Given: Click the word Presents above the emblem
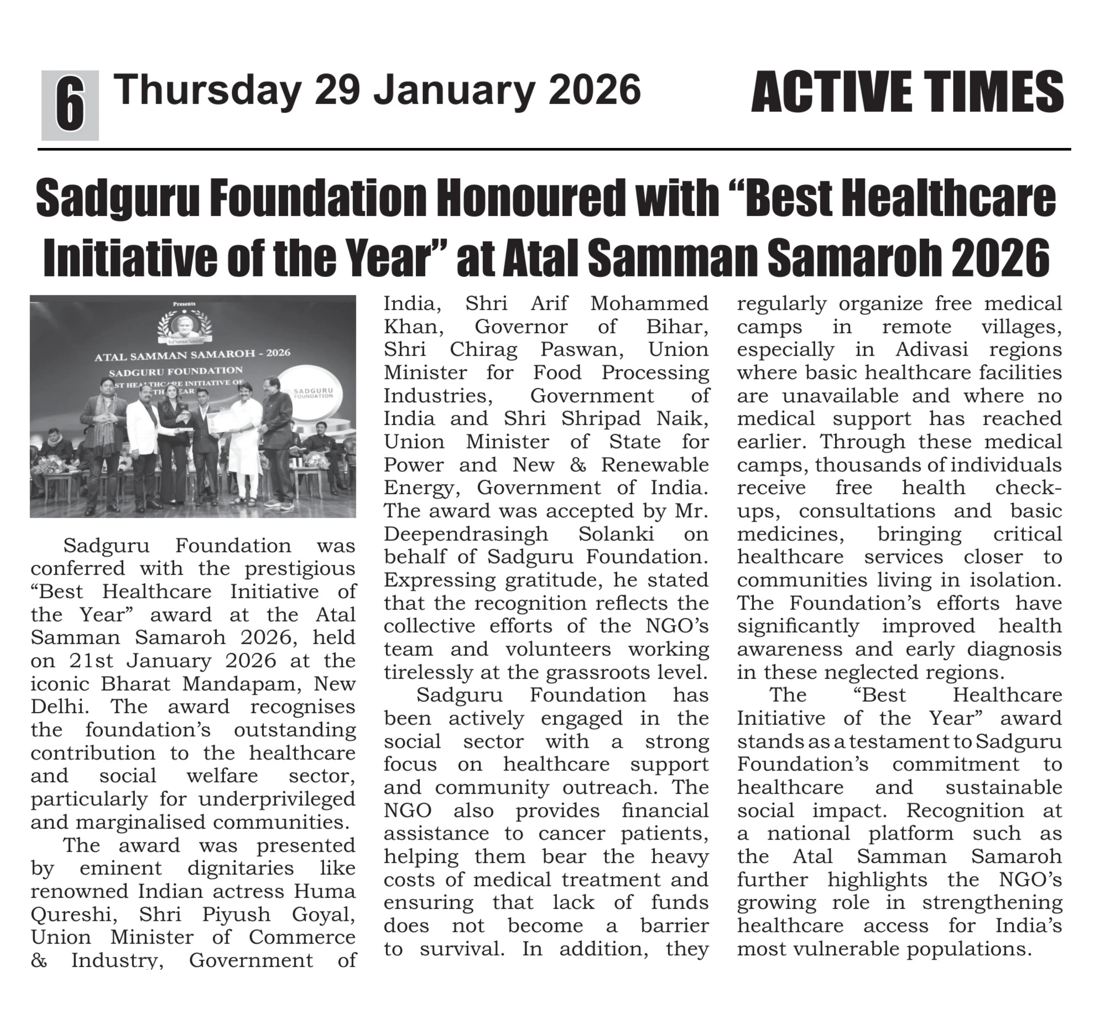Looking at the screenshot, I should (x=184, y=304).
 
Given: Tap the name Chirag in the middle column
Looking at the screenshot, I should (x=483, y=349).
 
